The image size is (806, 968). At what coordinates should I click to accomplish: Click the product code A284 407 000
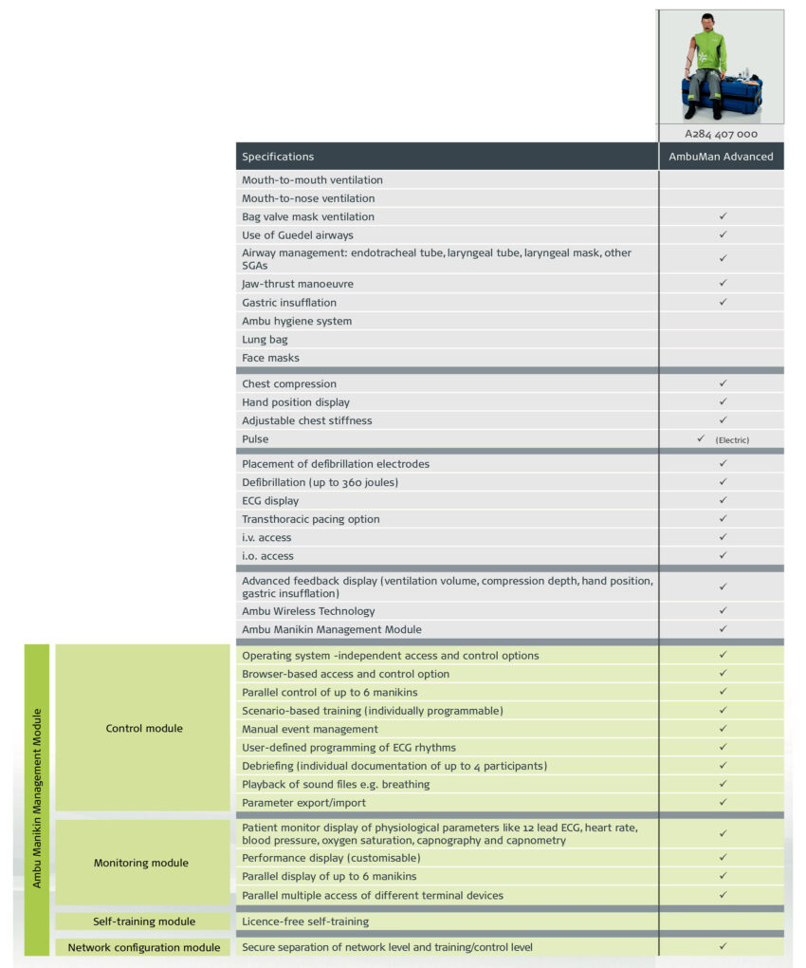tap(722, 134)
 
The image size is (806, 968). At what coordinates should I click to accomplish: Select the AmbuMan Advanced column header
tap(722, 157)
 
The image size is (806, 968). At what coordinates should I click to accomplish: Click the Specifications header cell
tap(278, 157)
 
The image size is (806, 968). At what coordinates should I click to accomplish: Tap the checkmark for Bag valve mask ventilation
tap(723, 216)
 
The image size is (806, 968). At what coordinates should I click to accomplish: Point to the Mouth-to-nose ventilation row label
tap(308, 198)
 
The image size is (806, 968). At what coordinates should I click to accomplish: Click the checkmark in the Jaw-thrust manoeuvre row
tap(723, 283)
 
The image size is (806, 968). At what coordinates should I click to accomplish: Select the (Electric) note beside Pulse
tap(733, 440)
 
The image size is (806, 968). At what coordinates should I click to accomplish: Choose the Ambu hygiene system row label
tap(297, 321)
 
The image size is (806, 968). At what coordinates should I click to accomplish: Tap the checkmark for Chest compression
tap(723, 383)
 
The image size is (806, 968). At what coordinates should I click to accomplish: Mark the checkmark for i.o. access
tap(723, 555)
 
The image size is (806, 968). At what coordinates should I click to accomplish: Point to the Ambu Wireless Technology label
tap(308, 611)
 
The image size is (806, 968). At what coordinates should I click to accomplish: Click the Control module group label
tap(144, 729)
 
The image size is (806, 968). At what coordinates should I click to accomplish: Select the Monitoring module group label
tap(141, 863)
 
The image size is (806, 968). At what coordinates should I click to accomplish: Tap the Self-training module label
tap(144, 921)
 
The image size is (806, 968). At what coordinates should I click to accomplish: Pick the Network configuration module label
tap(144, 947)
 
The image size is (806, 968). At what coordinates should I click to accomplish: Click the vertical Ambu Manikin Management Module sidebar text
tap(37, 798)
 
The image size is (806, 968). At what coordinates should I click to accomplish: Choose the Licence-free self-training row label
tap(305, 921)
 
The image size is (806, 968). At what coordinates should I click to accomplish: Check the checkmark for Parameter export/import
tap(723, 802)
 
